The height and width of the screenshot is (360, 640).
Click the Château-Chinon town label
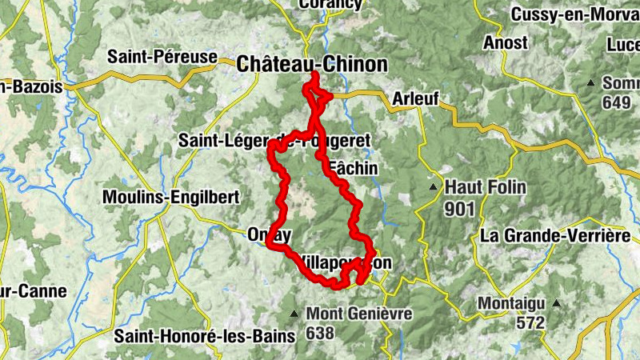tap(313, 65)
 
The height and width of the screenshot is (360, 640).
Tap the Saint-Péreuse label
tap(163, 57)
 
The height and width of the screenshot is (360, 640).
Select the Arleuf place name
tap(416, 98)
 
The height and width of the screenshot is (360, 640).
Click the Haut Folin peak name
tap(486, 187)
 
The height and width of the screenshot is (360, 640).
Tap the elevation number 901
tap(462, 209)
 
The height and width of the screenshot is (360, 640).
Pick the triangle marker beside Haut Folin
tap(434, 188)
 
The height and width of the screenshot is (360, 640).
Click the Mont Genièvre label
tap(359, 314)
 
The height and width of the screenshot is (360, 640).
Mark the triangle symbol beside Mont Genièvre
tap(296, 314)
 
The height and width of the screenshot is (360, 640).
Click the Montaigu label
tap(513, 304)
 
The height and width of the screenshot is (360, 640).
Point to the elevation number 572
tap(529, 323)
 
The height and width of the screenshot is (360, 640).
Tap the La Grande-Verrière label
tap(555, 235)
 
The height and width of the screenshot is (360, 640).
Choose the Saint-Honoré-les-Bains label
tap(205, 334)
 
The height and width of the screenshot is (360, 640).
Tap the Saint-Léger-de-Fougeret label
tap(274, 141)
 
